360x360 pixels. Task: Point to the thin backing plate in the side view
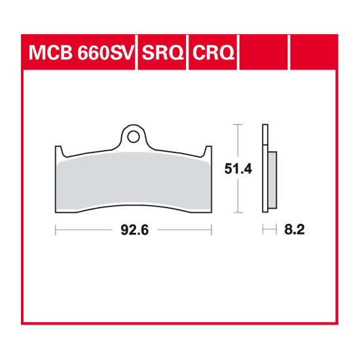pos(264,167)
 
